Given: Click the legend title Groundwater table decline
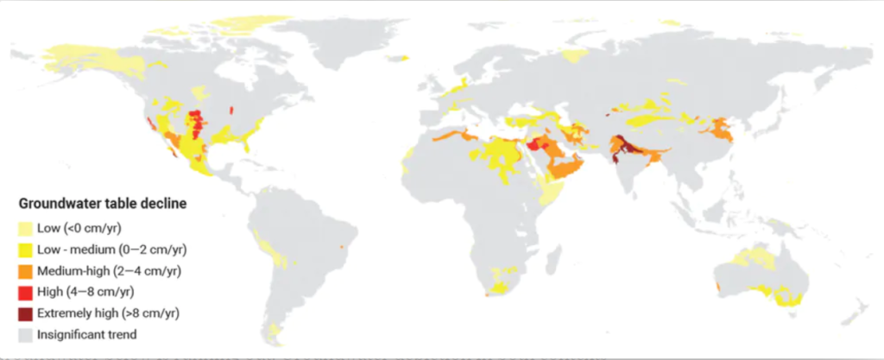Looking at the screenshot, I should [104, 205].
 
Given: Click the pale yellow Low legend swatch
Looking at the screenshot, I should [26, 229].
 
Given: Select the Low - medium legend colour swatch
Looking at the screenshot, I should [26, 249].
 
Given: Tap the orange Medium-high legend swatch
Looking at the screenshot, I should [26, 271].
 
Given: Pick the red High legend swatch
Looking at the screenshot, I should [26, 292].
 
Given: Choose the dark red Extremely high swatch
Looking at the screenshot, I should [26, 313].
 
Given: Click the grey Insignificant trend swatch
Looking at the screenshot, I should [26, 333].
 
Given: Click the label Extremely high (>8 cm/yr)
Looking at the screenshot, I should [108, 313].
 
